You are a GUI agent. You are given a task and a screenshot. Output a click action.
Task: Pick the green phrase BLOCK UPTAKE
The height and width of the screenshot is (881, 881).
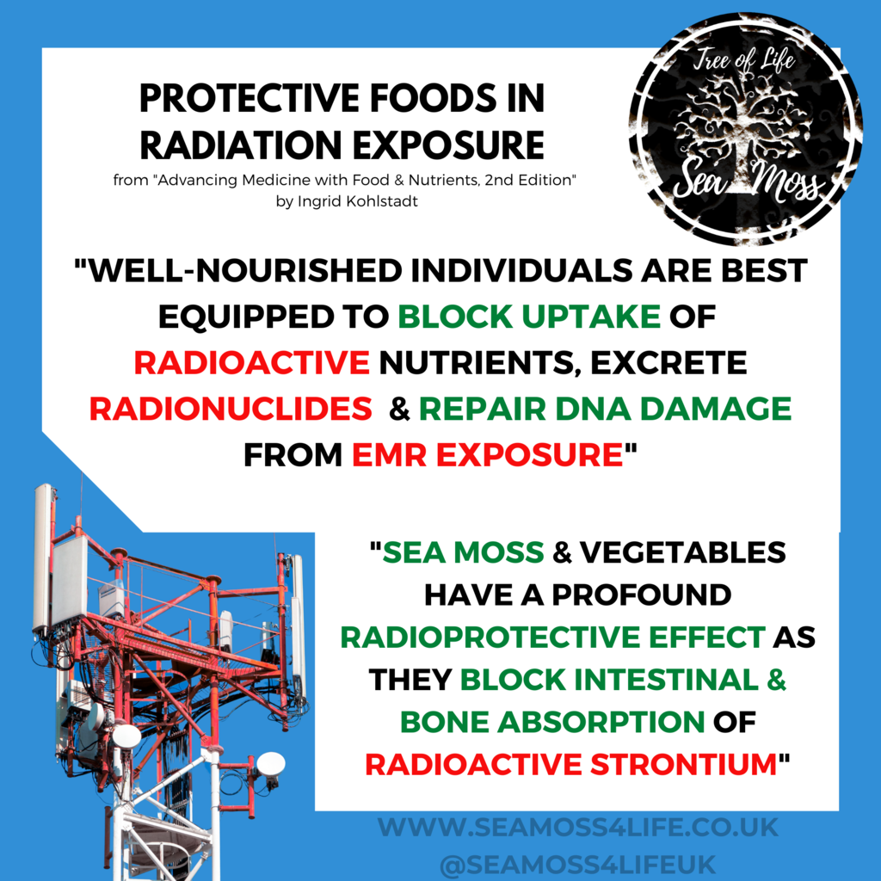528,317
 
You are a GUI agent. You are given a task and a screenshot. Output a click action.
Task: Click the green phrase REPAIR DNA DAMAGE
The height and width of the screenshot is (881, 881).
605,409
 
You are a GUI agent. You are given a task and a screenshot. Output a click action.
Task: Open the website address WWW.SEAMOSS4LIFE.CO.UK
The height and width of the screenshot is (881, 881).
577,829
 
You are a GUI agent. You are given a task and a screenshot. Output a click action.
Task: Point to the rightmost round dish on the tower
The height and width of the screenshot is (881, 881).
270,762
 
